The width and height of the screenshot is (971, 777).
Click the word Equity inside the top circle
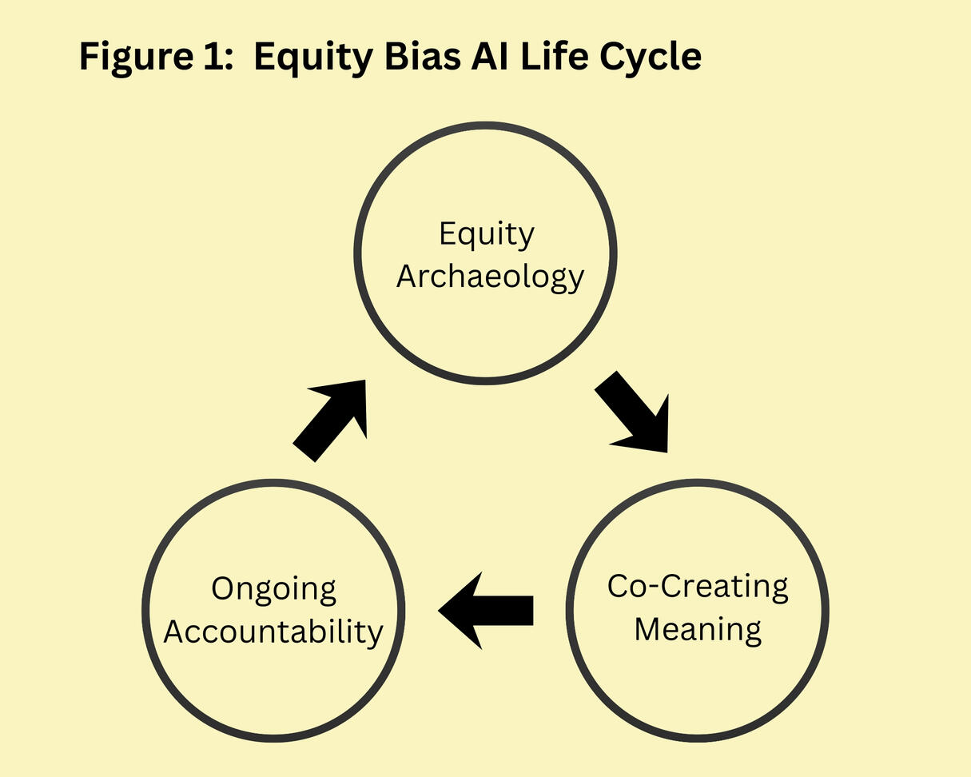[486, 235]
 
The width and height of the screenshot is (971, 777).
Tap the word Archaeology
[490, 277]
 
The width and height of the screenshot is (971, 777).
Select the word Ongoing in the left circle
[274, 590]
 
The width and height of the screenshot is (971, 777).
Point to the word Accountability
[273, 632]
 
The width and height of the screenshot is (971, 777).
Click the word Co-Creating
[697, 586]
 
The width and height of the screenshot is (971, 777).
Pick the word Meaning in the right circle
[698, 628]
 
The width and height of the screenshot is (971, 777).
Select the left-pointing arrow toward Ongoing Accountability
[487, 611]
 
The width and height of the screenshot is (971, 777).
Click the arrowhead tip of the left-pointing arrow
[441, 612]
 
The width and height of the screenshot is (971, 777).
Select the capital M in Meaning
[648, 628]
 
